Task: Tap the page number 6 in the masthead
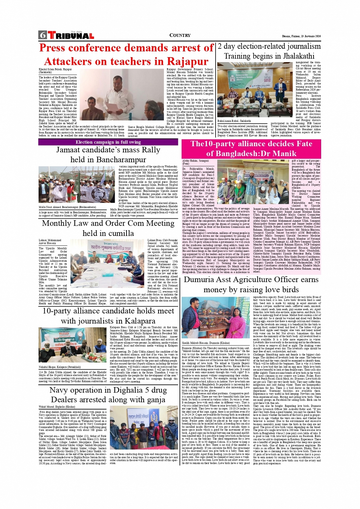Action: click(x=42, y=35)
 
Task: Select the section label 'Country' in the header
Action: click(x=180, y=35)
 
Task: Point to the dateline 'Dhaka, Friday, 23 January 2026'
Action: click(x=301, y=36)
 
